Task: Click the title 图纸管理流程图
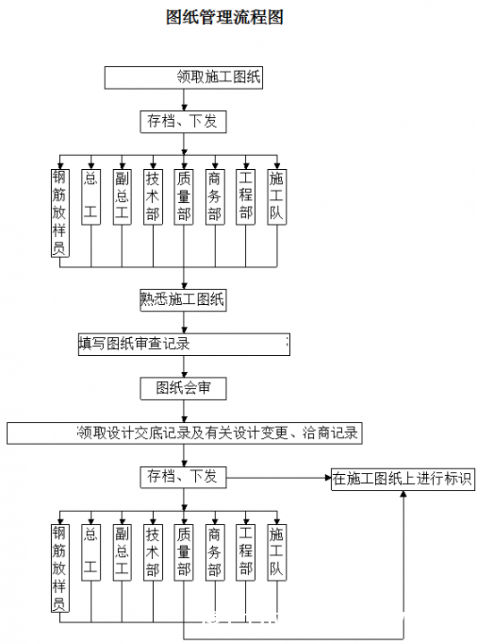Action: (x=225, y=17)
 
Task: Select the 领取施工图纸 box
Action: (x=183, y=78)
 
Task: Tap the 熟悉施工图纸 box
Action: (x=183, y=300)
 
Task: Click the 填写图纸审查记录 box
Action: (x=184, y=344)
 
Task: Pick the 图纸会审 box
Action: (x=183, y=388)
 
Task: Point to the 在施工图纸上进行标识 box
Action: (x=403, y=479)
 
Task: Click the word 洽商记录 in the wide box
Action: (x=330, y=433)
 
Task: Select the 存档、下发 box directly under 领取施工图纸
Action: (x=183, y=122)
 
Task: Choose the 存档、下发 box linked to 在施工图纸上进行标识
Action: (x=183, y=478)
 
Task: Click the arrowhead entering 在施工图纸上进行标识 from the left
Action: (x=328, y=478)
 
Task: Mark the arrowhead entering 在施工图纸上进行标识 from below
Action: (x=404, y=494)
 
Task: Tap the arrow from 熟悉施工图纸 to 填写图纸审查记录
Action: (x=184, y=322)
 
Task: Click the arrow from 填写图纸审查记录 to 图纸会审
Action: (x=184, y=367)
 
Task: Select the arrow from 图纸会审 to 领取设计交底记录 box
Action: (x=184, y=411)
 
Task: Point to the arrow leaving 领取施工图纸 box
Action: (x=184, y=100)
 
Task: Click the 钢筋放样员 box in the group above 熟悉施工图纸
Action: (x=60, y=213)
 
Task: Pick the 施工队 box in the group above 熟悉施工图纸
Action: (x=277, y=197)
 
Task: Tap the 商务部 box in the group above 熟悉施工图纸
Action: (x=215, y=197)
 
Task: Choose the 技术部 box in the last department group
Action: (x=153, y=553)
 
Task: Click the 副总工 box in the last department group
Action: (x=122, y=553)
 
